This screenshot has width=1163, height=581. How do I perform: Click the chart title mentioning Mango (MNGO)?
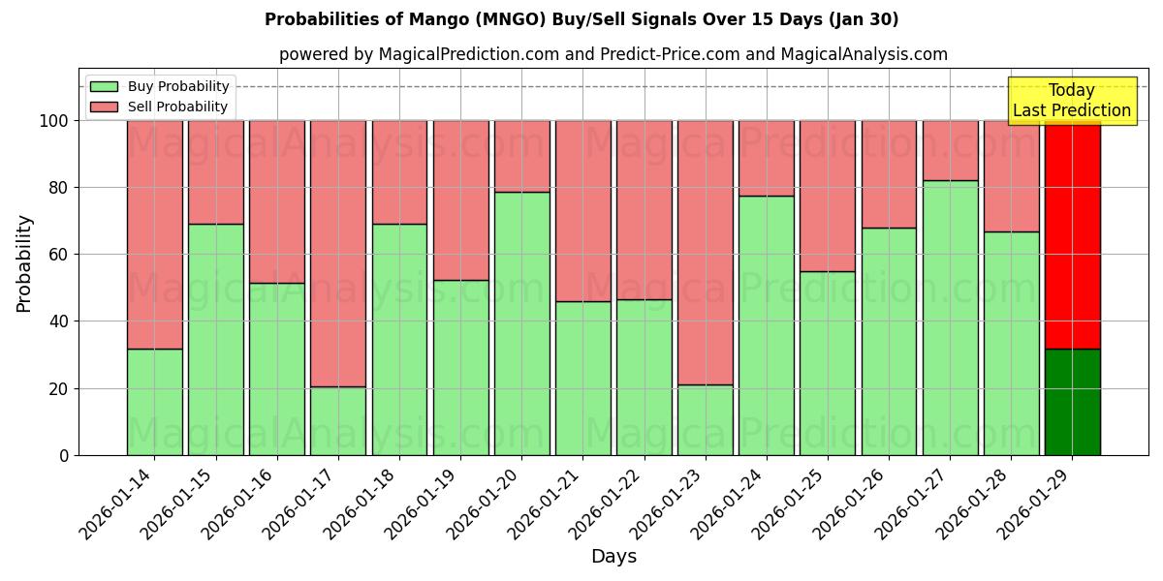click(581, 19)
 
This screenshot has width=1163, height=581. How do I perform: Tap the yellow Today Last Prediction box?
click(1071, 101)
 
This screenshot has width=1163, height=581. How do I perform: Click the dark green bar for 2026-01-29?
click(1072, 402)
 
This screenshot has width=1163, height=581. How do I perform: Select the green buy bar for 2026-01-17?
click(338, 421)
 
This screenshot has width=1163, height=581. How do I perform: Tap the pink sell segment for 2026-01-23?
click(705, 252)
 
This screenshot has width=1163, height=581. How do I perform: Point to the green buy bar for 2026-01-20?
click(521, 323)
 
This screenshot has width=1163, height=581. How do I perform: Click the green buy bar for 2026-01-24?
click(766, 325)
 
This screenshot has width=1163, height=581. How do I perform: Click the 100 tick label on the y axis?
click(53, 121)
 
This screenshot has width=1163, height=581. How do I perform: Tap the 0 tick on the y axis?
click(64, 455)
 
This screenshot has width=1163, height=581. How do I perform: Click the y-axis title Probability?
click(24, 263)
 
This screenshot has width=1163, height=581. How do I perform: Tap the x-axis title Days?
click(613, 557)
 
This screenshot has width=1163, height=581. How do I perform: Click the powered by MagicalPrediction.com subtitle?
click(613, 54)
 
